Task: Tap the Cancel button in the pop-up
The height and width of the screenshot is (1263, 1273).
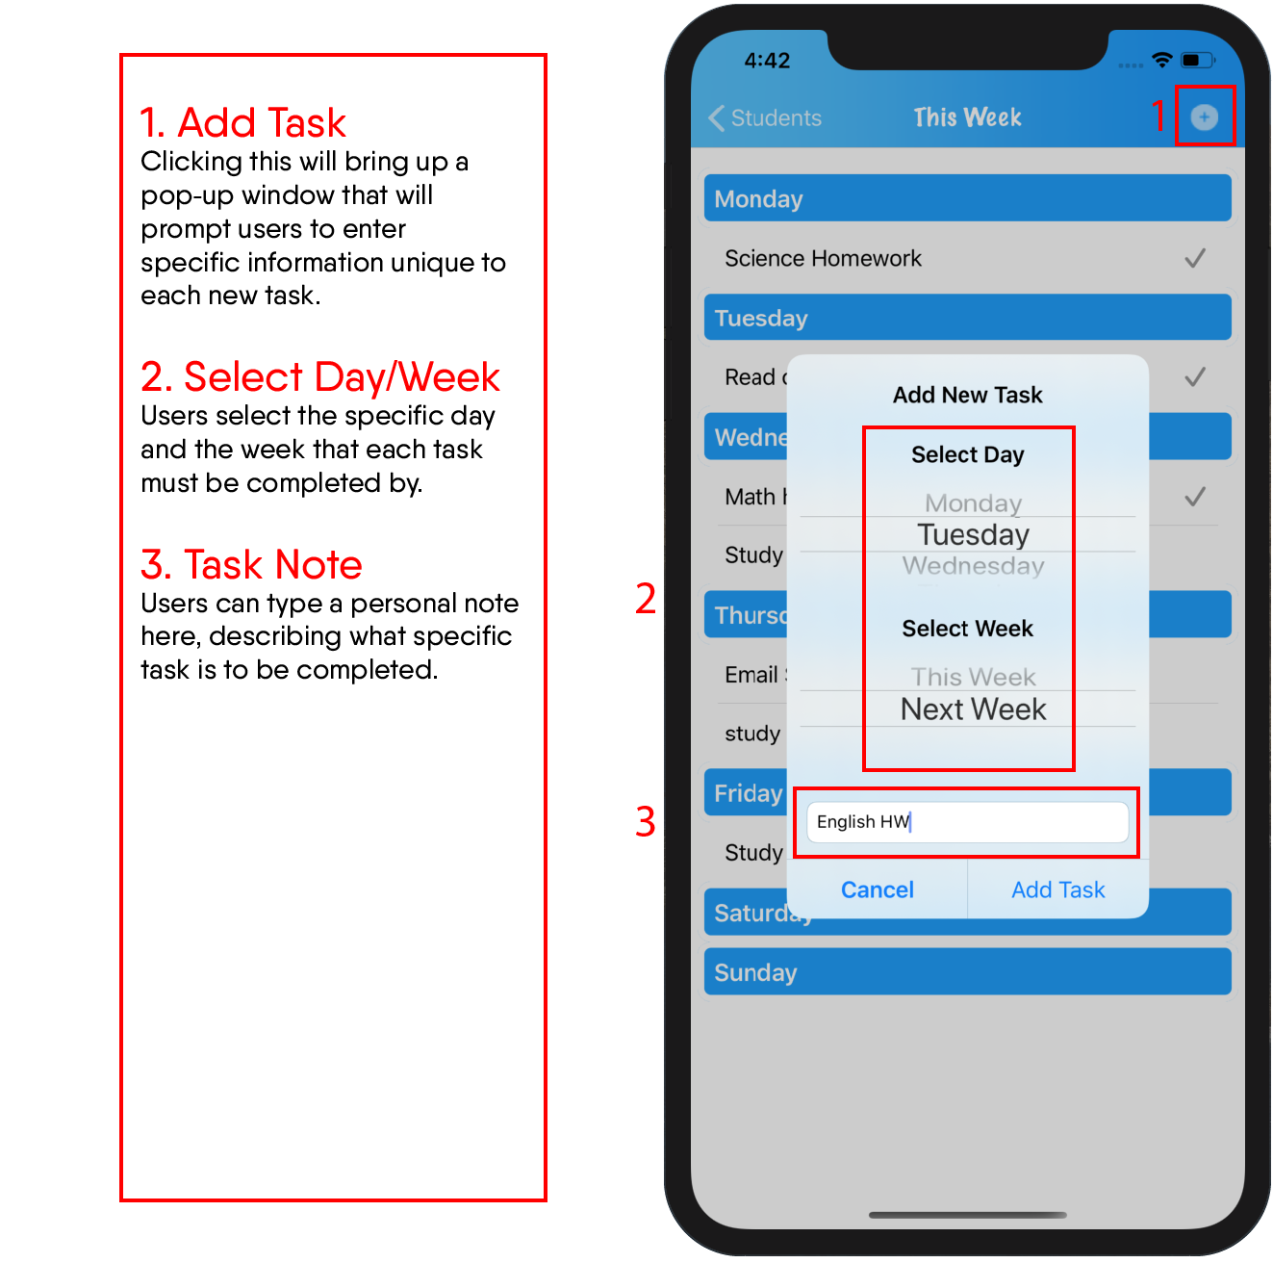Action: point(877,889)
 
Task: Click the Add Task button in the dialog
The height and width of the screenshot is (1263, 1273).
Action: point(1057,889)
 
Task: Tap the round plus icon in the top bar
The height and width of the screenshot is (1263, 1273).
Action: point(1204,117)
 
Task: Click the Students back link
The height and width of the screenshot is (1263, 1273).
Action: point(764,117)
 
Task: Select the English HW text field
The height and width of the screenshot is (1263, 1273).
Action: point(966,821)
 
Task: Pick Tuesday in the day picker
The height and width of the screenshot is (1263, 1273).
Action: point(973,534)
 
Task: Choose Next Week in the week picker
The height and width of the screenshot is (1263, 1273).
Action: point(973,709)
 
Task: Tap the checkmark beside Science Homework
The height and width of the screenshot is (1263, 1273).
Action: point(1194,258)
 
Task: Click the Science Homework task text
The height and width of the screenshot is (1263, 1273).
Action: point(823,258)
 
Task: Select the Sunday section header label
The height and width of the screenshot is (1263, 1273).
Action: point(755,972)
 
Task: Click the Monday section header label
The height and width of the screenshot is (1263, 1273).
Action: point(758,199)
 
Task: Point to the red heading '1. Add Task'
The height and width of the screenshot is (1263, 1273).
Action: point(242,122)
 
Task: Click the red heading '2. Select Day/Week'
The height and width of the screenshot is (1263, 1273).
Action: point(319,376)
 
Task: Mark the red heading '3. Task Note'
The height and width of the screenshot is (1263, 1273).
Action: point(251,564)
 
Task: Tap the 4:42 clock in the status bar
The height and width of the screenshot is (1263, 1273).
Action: point(766,61)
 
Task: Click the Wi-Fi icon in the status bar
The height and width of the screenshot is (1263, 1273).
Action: point(1161,60)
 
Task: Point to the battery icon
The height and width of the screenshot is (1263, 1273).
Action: point(1196,60)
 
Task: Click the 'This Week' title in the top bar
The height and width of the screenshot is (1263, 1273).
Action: point(966,117)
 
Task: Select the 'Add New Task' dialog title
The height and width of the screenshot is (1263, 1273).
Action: point(967,395)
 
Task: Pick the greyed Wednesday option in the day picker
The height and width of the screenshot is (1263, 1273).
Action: point(973,566)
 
